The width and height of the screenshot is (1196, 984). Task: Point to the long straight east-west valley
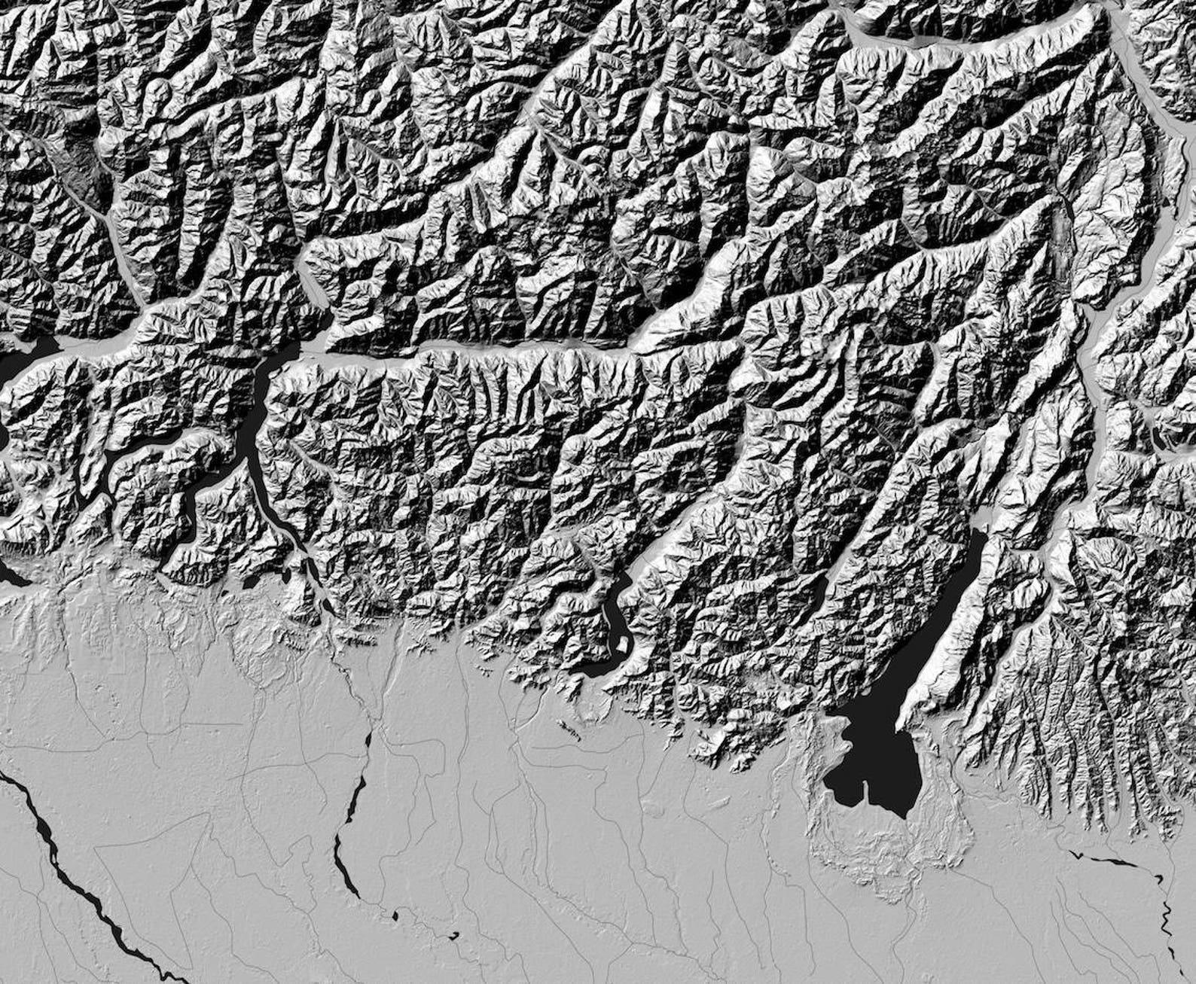(x=482, y=348)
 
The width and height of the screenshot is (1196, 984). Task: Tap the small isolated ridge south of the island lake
(x=569, y=730)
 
